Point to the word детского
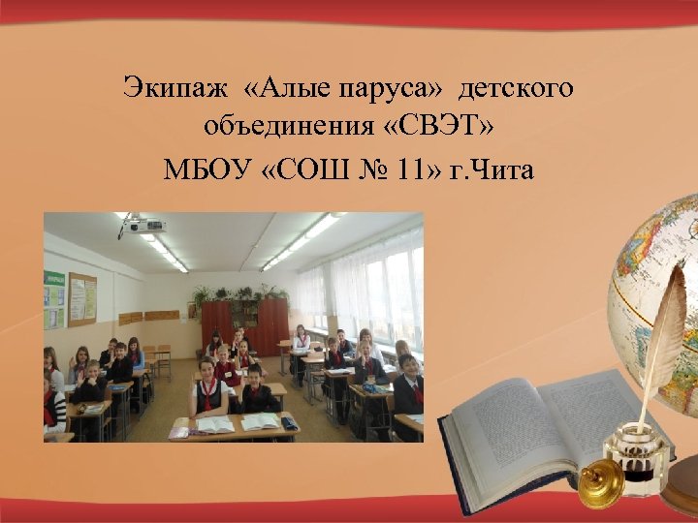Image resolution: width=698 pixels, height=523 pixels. point(517,89)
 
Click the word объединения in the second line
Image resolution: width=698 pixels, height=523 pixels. point(290,127)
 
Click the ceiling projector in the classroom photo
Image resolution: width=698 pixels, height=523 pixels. point(143,227)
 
